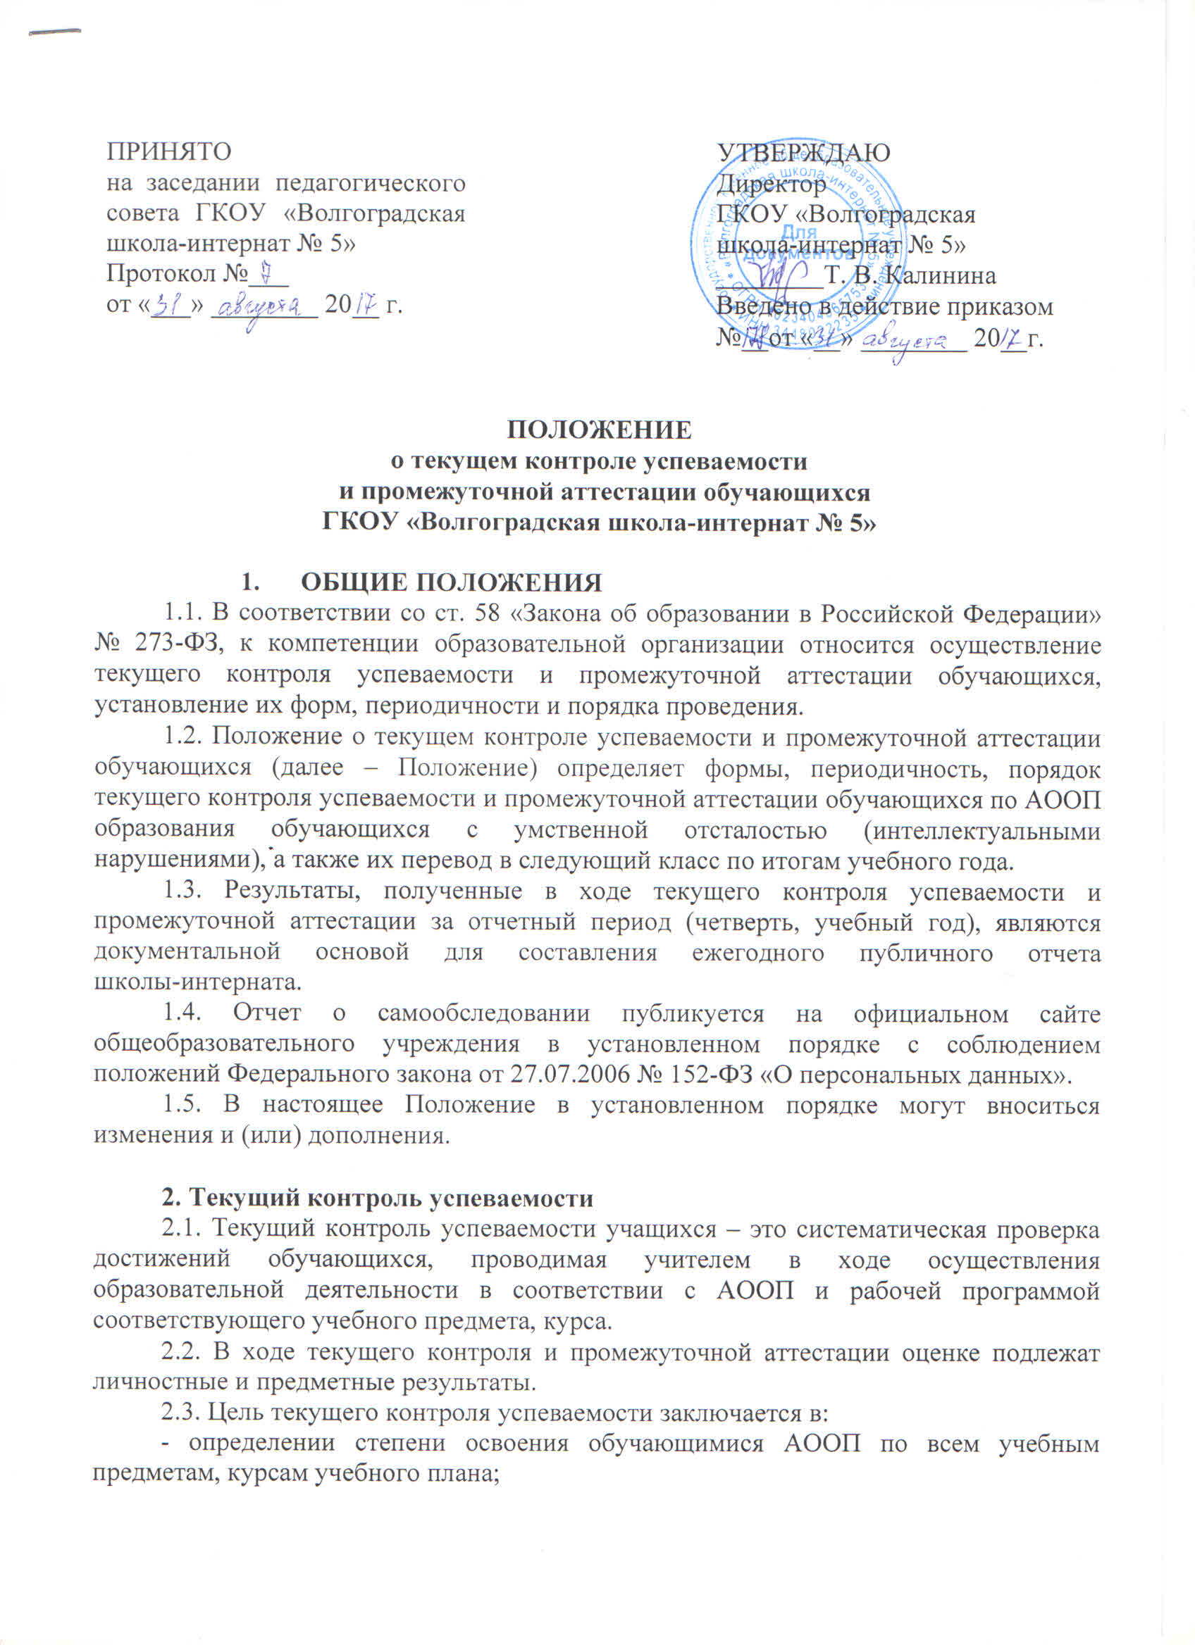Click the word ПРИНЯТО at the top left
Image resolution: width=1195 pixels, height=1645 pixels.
pyautogui.click(x=168, y=152)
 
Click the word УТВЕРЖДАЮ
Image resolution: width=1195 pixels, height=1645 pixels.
pyautogui.click(x=803, y=152)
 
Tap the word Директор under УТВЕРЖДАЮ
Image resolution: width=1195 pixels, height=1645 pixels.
pyautogui.click(x=772, y=184)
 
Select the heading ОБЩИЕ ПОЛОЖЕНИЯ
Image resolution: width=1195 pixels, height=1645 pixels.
pyautogui.click(x=452, y=583)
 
